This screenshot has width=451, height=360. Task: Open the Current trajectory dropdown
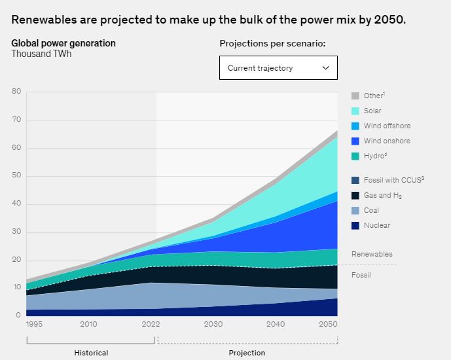(278, 67)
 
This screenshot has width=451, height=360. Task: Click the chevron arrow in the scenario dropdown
(326, 67)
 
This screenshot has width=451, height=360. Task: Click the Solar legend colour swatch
(355, 111)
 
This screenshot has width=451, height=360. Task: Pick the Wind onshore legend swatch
(355, 141)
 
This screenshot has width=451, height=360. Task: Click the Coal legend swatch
(355, 210)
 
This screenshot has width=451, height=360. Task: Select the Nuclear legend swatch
(355, 225)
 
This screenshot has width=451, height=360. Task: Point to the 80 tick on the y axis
(16, 92)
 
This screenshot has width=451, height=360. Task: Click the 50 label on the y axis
(16, 176)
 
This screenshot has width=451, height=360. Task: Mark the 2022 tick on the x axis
(151, 324)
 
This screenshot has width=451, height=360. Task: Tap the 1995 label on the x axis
(35, 324)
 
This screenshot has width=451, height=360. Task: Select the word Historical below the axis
(91, 353)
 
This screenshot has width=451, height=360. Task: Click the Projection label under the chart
(247, 353)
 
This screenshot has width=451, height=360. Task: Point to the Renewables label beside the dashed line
(372, 254)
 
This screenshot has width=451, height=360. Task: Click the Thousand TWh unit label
(41, 54)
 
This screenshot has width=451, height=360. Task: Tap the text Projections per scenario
(272, 44)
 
